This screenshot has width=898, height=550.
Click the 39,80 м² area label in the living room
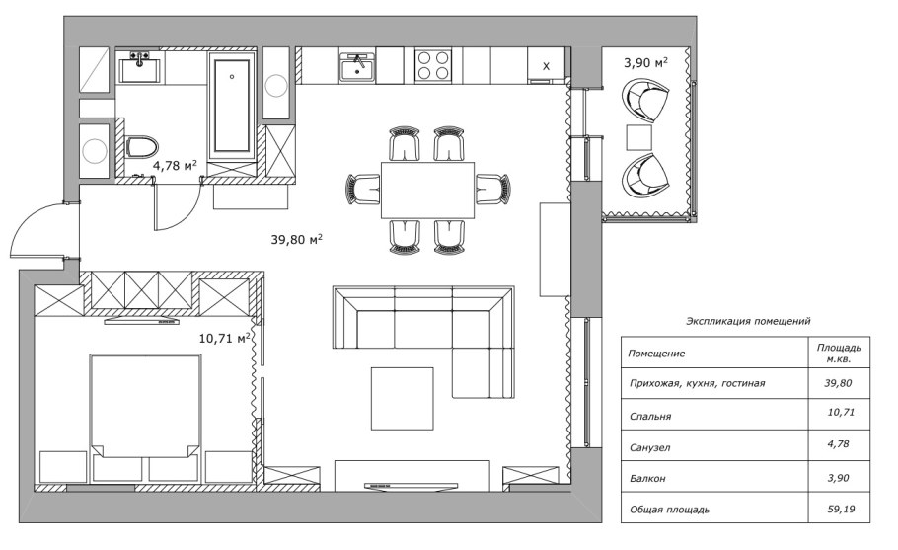[297, 239]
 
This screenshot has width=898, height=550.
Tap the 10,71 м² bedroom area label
[225, 338]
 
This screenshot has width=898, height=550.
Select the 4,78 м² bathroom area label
[175, 166]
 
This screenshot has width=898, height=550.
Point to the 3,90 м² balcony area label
[645, 63]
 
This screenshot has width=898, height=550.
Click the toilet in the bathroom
[141, 148]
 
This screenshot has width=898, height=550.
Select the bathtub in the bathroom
[232, 104]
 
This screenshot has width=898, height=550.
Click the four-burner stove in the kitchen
[431, 65]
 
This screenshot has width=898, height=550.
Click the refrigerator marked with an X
[546, 65]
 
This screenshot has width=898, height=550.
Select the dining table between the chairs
[427, 190]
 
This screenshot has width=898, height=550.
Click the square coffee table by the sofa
[402, 398]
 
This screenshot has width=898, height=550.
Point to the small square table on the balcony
[640, 137]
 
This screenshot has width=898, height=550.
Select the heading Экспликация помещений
[747, 321]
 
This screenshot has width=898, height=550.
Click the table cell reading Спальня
[649, 417]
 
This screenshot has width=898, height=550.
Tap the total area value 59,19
[838, 510]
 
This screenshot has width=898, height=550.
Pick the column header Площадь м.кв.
[838, 353]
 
